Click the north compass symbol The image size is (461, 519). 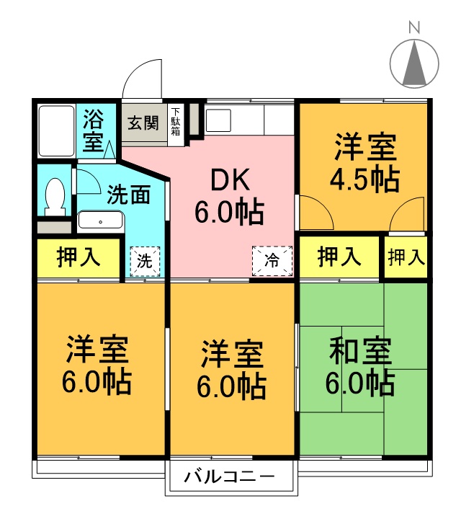(414, 63)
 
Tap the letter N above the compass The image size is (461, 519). (414, 28)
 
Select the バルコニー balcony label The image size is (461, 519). (230, 476)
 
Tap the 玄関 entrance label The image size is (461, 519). (143, 123)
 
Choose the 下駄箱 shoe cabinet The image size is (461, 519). (176, 123)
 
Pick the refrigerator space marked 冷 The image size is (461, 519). (273, 260)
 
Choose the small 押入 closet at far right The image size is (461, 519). (406, 258)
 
